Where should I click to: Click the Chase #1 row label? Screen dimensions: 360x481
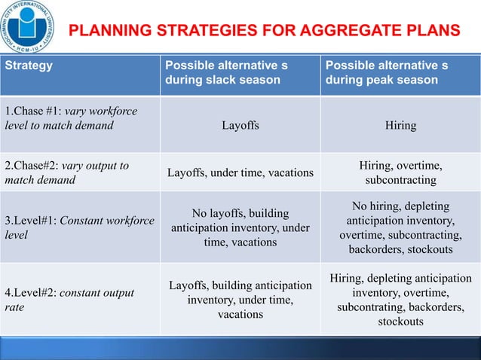pyautogui.click(x=71, y=119)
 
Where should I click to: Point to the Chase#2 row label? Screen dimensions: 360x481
pyautogui.click(x=66, y=172)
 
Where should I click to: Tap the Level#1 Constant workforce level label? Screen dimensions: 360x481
pyautogui.click(x=79, y=227)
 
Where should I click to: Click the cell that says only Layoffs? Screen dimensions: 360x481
pyautogui.click(x=240, y=126)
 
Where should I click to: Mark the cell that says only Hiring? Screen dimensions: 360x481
pyautogui.click(x=400, y=126)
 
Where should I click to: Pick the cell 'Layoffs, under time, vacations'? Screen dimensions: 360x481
pyautogui.click(x=240, y=173)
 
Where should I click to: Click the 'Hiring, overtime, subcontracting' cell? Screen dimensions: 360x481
pyautogui.click(x=400, y=173)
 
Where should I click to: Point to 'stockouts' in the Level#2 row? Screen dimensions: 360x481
pyautogui.click(x=400, y=322)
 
